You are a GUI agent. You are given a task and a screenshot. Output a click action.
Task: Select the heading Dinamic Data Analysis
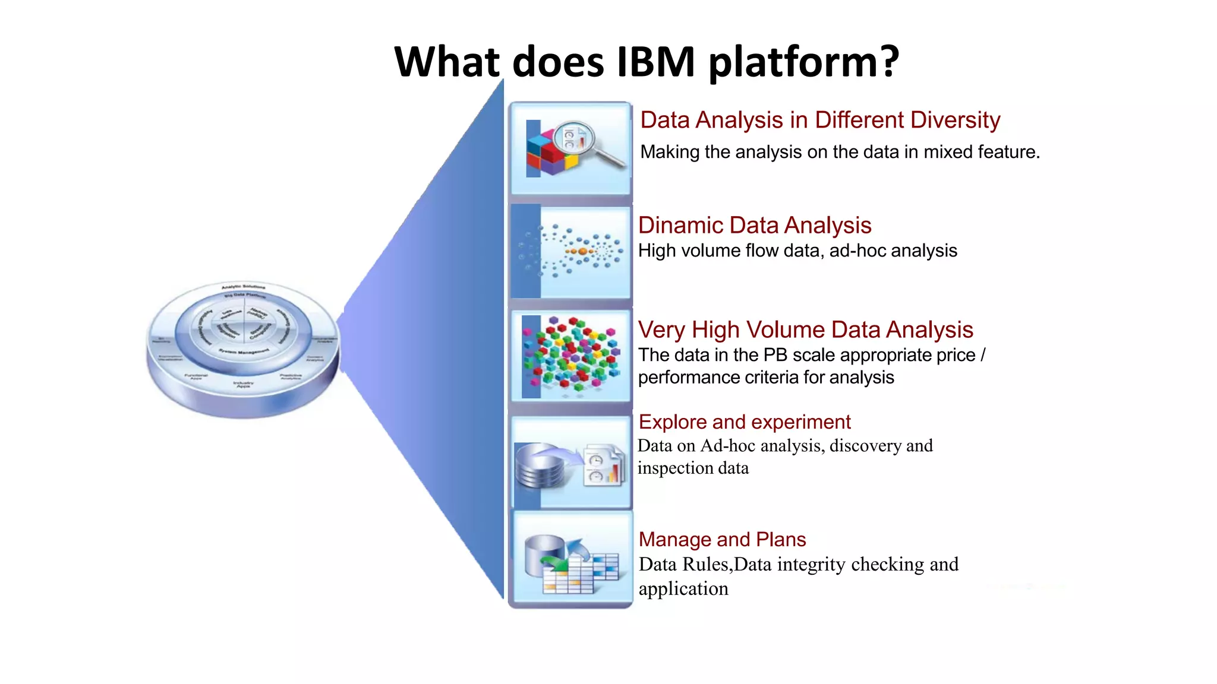tap(754, 226)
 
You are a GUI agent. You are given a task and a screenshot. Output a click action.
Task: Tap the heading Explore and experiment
tap(744, 422)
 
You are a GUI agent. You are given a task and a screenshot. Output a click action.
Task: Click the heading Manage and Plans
tap(722, 539)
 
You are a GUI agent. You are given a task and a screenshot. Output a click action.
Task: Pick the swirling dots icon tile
tap(570, 253)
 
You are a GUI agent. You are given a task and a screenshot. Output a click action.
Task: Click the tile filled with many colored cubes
tap(570, 356)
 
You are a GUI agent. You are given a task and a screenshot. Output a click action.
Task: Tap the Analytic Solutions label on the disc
tap(243, 287)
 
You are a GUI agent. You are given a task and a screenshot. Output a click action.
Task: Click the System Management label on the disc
tap(243, 351)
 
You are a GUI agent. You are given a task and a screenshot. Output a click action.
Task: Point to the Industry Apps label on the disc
tap(243, 384)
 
